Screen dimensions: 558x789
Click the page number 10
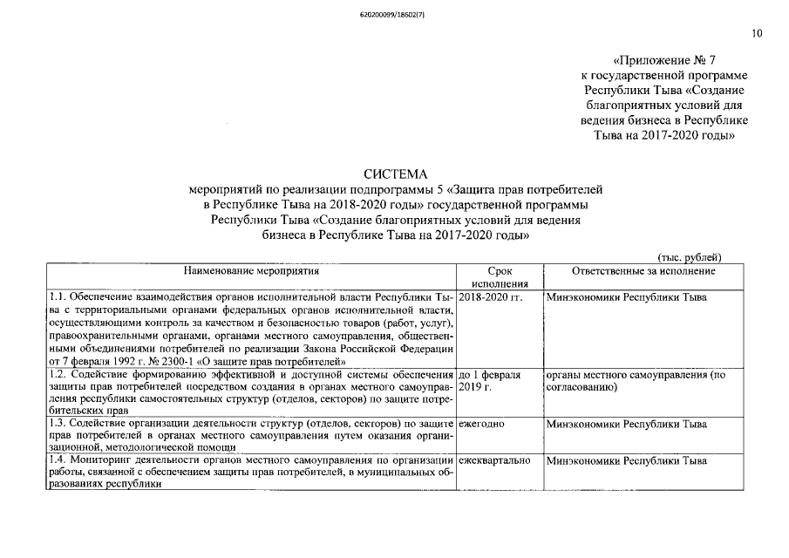tap(756, 34)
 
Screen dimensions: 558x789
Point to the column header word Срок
tap(500, 271)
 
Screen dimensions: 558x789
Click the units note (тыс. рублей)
tap(689, 256)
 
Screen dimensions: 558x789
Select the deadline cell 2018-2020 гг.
tap(490, 298)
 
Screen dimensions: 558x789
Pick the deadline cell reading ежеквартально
tap(493, 459)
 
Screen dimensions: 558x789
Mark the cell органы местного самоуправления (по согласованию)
tap(635, 380)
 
